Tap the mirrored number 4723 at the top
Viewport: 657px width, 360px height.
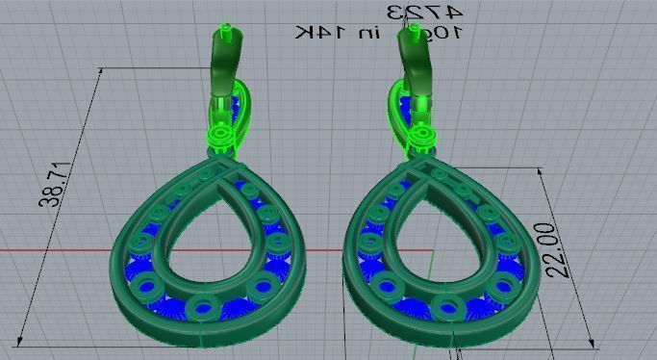tap(424, 12)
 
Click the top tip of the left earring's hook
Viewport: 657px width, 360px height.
tap(225, 30)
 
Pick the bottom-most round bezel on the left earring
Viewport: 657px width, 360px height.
tap(204, 308)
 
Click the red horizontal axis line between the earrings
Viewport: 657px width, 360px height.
tap(327, 251)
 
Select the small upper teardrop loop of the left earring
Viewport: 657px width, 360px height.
tap(240, 104)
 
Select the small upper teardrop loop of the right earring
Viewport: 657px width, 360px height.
tap(399, 104)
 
